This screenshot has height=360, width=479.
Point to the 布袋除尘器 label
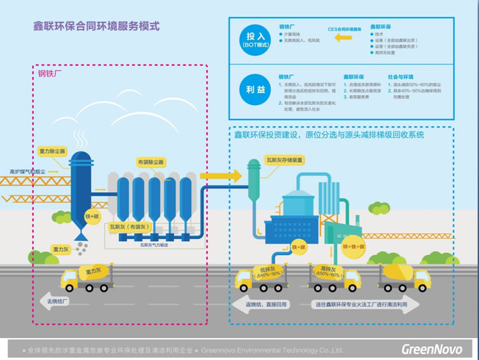(x=150, y=161)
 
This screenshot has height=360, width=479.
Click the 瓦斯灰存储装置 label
(x=285, y=160)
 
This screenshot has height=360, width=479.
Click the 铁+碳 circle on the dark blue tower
(x=91, y=216)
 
